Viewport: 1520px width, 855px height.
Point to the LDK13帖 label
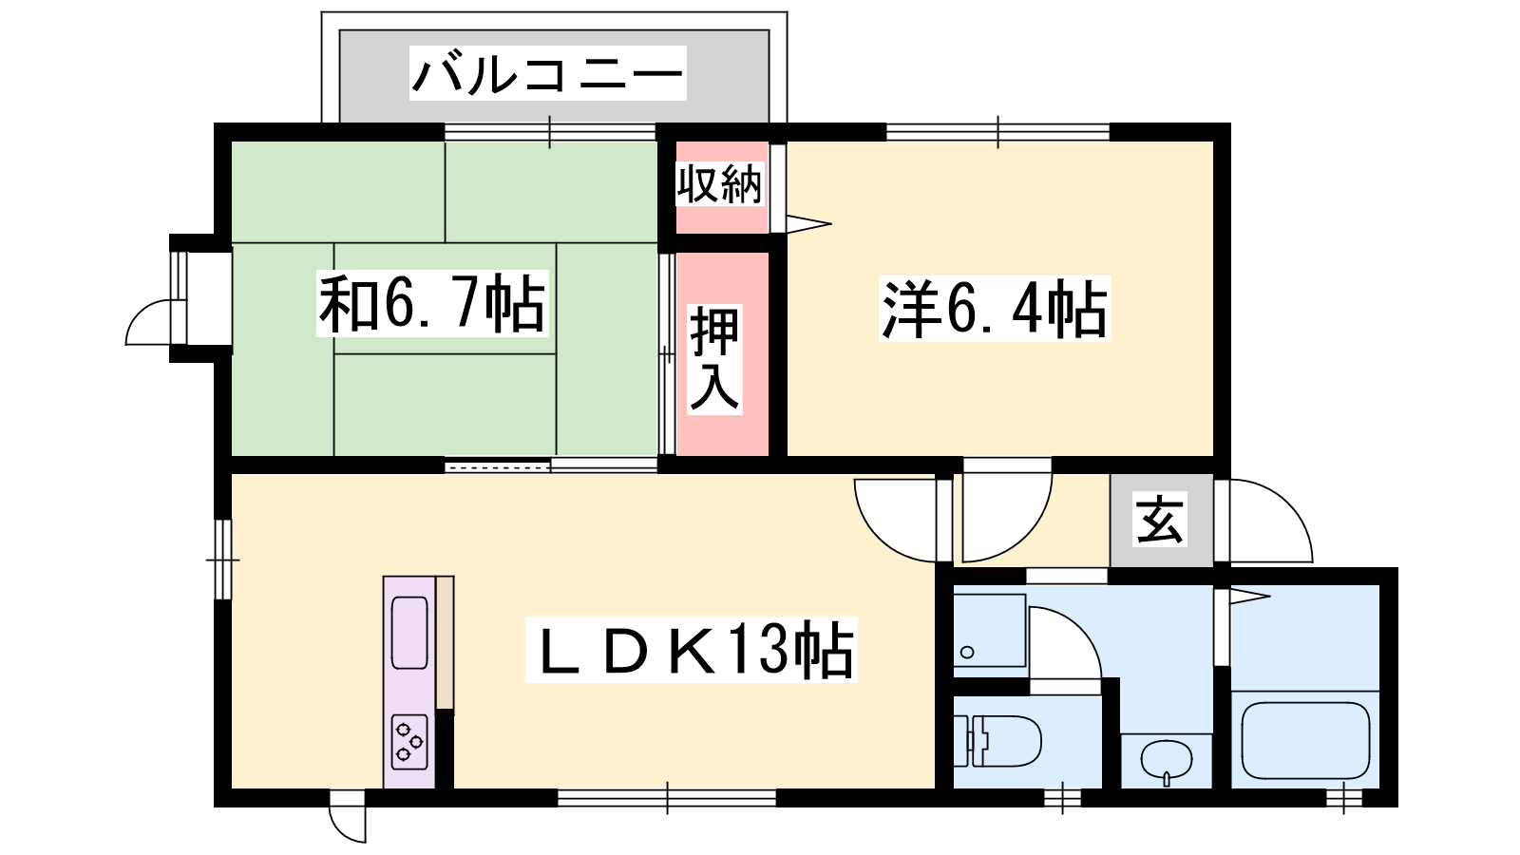point(692,650)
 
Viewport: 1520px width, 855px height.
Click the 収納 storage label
point(720,183)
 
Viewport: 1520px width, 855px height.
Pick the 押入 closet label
point(714,359)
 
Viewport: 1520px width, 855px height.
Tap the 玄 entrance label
point(1160,519)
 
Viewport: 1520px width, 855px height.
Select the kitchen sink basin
point(409,633)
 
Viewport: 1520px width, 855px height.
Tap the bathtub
point(1304,741)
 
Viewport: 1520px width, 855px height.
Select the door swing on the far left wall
point(148,322)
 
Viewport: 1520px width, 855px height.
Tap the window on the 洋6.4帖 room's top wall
point(997,132)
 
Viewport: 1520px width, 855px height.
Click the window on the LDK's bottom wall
point(667,798)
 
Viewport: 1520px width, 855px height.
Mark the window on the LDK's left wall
point(222,560)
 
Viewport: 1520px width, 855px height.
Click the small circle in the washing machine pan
point(968,653)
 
